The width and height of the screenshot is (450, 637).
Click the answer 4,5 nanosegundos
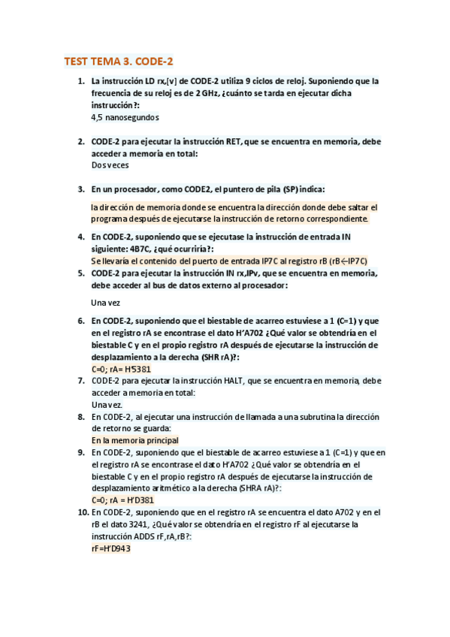point(125,117)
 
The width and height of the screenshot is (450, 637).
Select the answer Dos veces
point(110,165)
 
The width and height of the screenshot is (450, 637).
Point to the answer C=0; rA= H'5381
point(121,369)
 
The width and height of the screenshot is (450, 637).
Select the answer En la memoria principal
point(135,440)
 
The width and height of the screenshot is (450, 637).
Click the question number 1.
point(81,81)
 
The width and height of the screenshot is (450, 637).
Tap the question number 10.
point(79,512)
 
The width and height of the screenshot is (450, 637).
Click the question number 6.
point(81,321)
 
